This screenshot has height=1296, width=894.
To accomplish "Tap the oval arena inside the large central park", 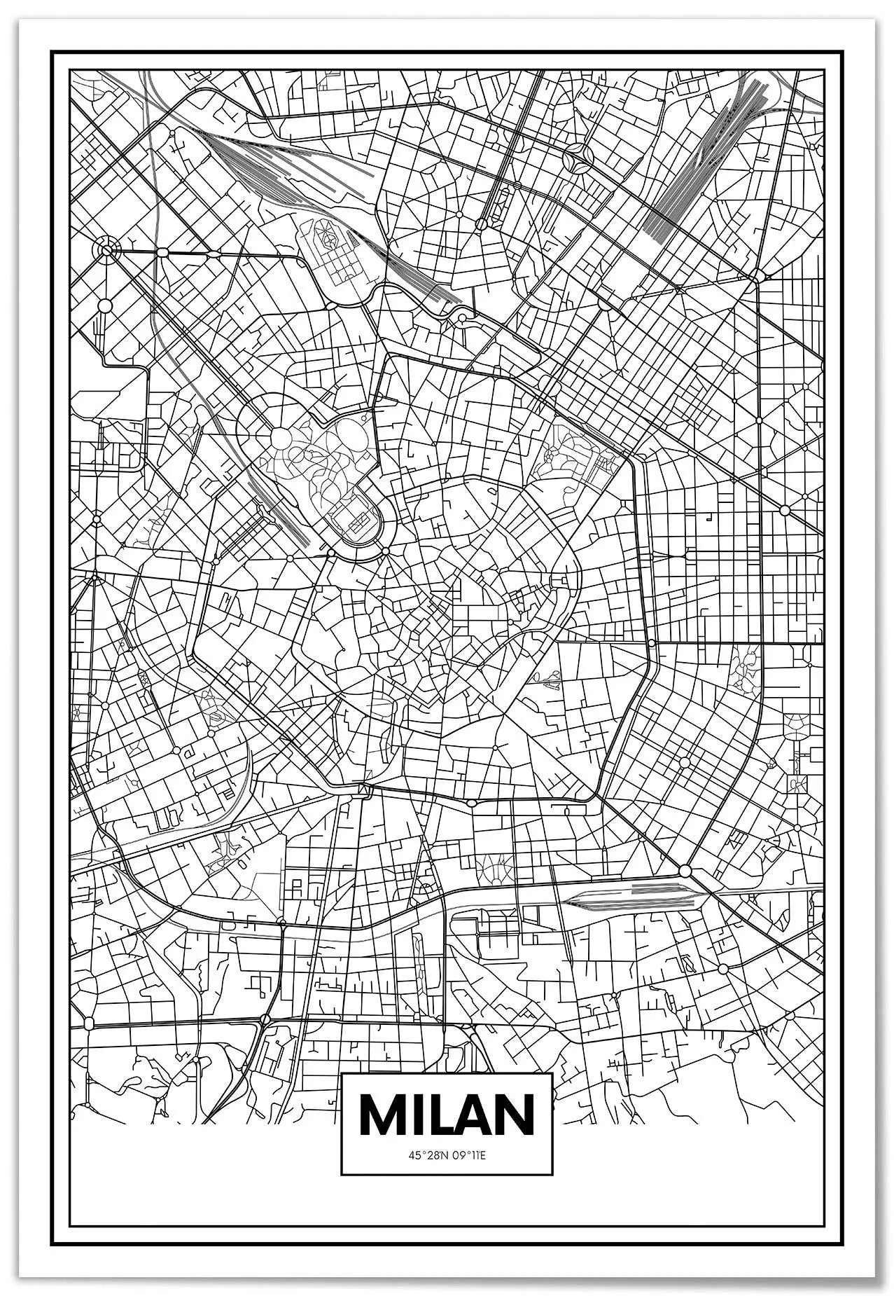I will coord(354,520).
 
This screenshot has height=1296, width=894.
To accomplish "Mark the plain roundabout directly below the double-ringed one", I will coord(105,305).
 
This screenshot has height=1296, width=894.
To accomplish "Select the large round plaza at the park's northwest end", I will coord(281,438).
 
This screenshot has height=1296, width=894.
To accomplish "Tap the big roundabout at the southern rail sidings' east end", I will coord(685,871).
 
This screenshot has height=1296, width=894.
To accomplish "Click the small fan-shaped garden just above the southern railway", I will coord(496,869).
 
